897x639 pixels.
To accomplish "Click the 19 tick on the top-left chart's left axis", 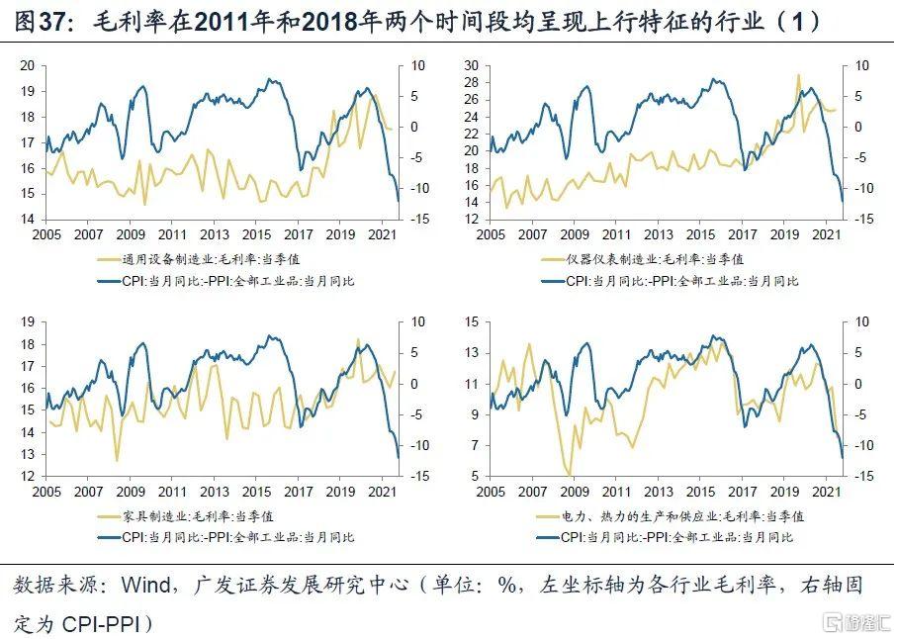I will click(28, 91).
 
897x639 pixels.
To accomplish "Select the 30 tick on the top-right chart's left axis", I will click(472, 65).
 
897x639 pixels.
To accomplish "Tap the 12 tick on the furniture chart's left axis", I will click(28, 477).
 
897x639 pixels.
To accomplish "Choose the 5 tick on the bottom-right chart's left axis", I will click(476, 477).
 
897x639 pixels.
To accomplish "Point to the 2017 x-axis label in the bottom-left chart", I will click(298, 493).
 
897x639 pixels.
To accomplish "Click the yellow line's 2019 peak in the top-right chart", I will click(797, 74).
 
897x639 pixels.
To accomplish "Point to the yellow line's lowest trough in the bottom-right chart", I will click(570, 475).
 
